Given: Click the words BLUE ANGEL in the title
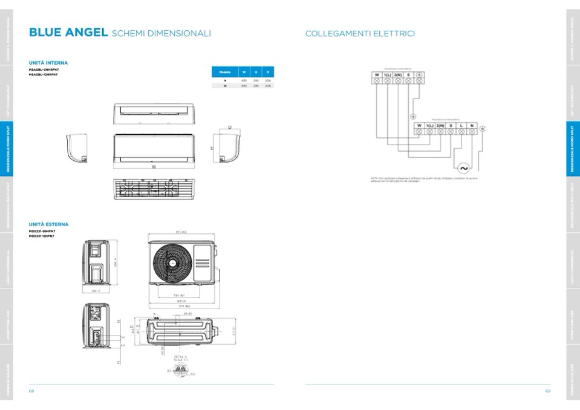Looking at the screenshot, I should [68, 33].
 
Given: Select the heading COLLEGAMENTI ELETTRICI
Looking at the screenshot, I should [360, 34].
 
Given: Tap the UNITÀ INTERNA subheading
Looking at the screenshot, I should [48, 63].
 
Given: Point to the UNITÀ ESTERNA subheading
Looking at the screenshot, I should [49, 224].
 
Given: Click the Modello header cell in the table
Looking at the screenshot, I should [224, 71].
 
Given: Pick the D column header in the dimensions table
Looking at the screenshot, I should [268, 71].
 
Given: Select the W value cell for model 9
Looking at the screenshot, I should [244, 80].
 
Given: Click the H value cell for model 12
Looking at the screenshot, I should [256, 86].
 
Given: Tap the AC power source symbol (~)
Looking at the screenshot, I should [464, 168].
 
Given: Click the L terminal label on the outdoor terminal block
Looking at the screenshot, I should [461, 125].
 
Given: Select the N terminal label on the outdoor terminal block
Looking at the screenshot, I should [472, 125].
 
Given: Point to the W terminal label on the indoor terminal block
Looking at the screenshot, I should [376, 74].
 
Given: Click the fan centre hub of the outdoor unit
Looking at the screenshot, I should [171, 261].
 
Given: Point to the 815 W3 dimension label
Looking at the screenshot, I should [181, 232].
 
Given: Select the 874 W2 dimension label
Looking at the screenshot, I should [181, 306].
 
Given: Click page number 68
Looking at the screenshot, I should [31, 391].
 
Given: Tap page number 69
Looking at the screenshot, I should [547, 391].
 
